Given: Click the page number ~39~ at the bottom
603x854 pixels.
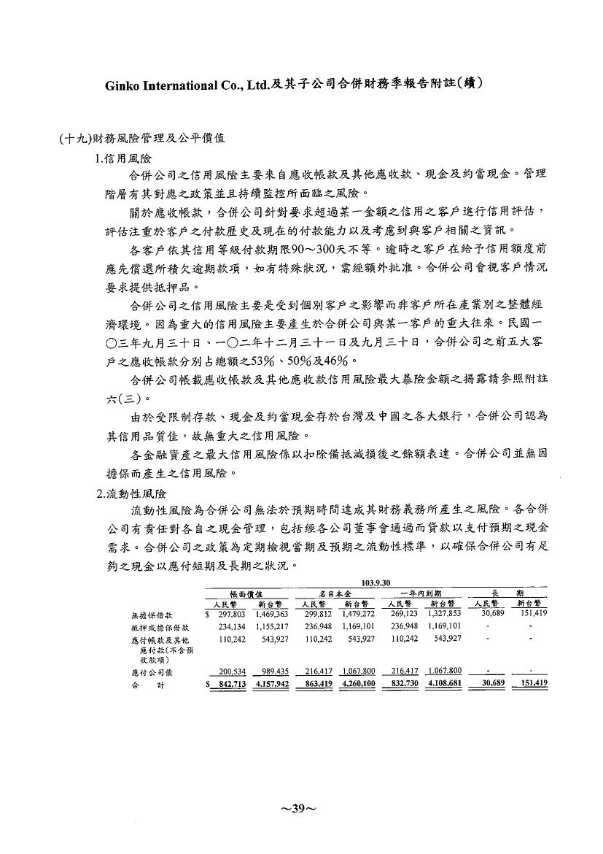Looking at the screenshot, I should (x=300, y=809).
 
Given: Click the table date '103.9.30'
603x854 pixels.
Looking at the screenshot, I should (x=376, y=582).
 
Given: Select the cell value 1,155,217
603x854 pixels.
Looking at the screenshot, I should (x=271, y=626).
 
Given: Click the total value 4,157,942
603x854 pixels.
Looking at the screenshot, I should (x=271, y=683).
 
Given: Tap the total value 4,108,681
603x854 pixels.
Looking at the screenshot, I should (x=443, y=683).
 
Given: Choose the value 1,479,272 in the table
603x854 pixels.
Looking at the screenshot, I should (x=357, y=614).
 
